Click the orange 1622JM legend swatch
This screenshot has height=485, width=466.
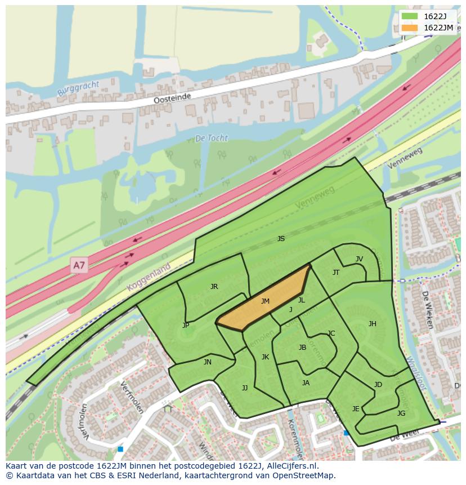point(410,28)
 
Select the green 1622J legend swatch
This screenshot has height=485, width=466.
point(410,16)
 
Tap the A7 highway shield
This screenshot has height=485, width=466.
point(79,264)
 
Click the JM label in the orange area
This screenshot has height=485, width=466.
point(265,301)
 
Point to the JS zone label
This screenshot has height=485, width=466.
point(281,239)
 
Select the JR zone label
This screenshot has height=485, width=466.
point(214,287)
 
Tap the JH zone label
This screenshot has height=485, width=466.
point(372,324)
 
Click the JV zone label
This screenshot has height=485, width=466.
point(359,259)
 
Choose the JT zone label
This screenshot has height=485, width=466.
point(336,273)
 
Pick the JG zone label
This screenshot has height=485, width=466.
point(401,413)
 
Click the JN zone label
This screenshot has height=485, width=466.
point(208,362)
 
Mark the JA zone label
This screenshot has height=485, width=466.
point(306,383)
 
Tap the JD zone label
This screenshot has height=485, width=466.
point(378,385)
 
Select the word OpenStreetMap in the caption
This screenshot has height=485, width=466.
point(305,475)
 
